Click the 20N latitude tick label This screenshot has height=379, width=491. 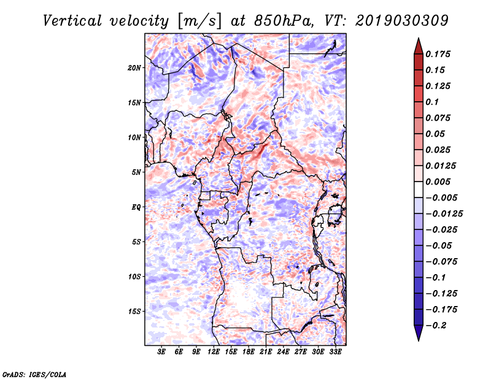click(134, 68)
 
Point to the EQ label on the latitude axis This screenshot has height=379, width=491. click(136, 207)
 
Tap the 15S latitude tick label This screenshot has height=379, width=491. click(134, 312)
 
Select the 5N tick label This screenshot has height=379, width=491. click(136, 172)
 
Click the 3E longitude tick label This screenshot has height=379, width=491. click(161, 352)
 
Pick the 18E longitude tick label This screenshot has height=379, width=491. click(249, 352)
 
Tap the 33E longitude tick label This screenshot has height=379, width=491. click(335, 352)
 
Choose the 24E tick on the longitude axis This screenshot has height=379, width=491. click(283, 352)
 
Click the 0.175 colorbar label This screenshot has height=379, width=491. click(438, 54)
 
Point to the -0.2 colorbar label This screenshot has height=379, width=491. click(436, 326)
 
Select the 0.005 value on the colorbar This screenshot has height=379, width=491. click(438, 182)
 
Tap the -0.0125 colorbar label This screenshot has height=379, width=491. click(444, 214)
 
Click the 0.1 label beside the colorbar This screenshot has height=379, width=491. click(432, 102)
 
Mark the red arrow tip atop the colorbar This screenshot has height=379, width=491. click(419, 38)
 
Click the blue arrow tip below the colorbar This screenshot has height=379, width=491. click(419, 340)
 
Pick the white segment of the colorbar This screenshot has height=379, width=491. click(419, 189)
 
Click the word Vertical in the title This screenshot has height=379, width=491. click(72, 21)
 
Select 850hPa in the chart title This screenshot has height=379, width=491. click(284, 21)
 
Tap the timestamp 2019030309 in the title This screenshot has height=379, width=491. click(402, 21)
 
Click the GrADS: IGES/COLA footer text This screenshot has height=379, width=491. click(34, 374)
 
